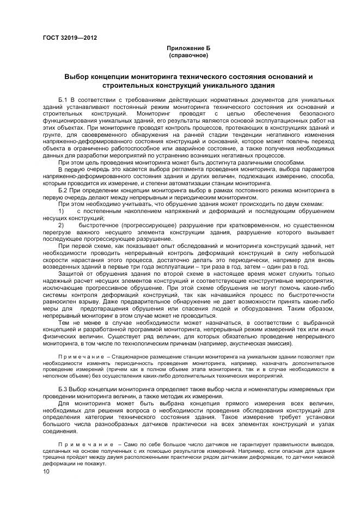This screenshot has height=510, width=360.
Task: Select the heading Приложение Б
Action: coord(188,48)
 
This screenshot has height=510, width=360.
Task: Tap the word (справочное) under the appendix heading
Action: coord(188,55)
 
